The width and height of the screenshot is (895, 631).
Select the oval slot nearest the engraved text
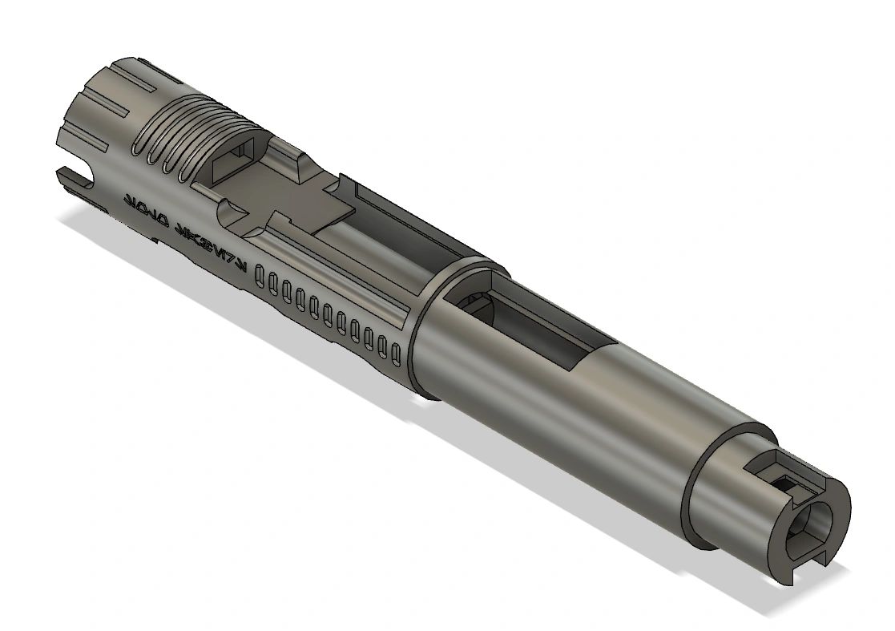pos(260,277)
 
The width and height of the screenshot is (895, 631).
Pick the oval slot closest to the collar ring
pos(395,350)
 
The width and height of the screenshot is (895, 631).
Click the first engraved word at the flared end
pos(143,208)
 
